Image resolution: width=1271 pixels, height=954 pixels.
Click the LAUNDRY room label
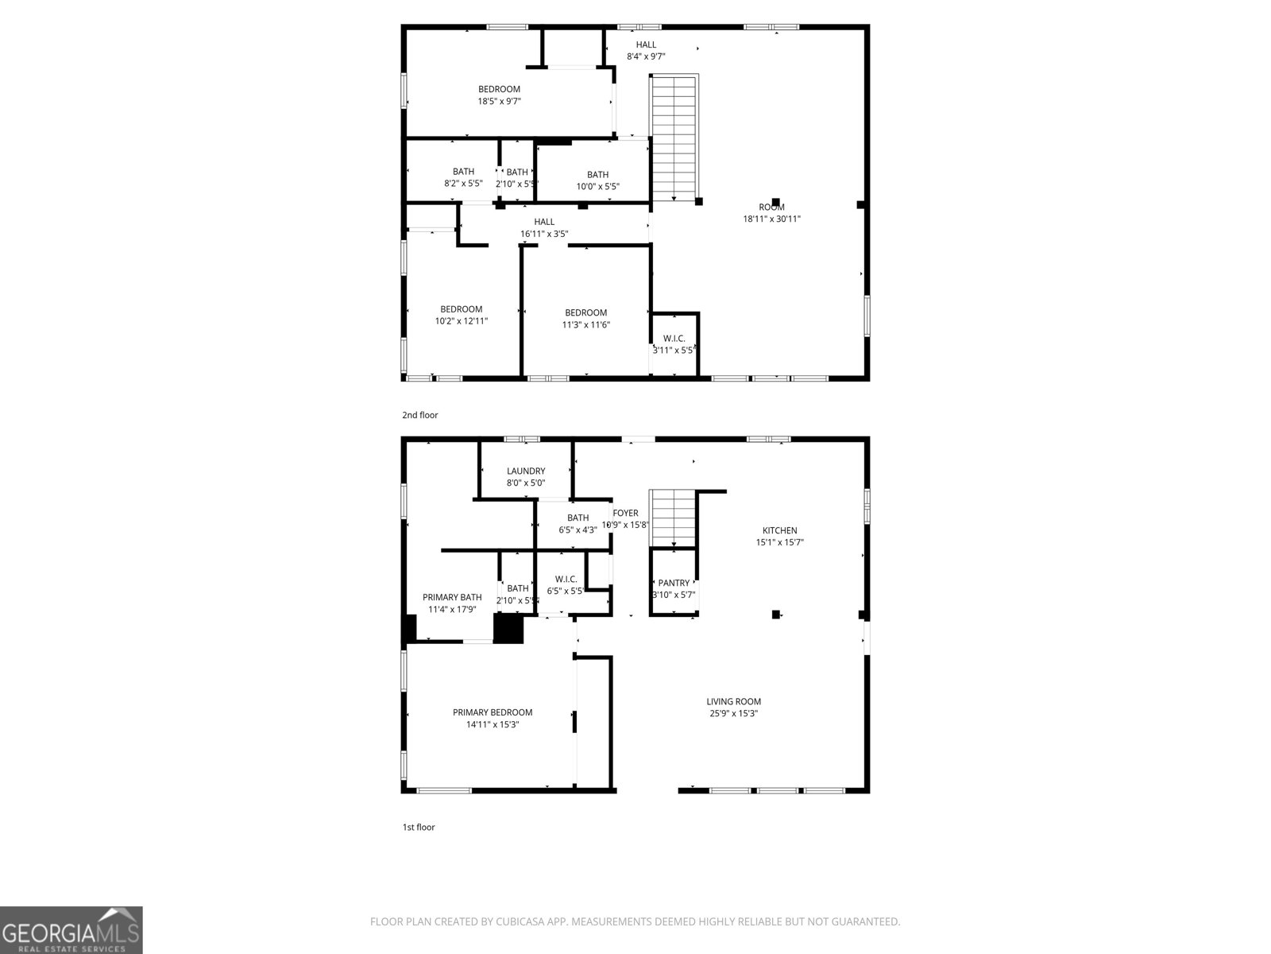526,471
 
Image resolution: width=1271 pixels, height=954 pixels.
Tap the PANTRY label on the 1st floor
674,584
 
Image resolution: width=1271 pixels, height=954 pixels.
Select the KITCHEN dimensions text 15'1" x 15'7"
779,543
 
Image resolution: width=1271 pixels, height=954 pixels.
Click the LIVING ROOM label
734,702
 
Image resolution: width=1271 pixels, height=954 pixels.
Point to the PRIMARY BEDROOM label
493,713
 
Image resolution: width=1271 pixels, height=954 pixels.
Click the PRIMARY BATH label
452,598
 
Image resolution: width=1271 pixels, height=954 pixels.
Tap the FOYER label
626,514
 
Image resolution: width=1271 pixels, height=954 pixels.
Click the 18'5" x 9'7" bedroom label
499,90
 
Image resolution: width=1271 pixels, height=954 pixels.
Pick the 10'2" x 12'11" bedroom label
462,310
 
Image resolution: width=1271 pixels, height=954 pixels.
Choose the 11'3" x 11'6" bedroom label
585,313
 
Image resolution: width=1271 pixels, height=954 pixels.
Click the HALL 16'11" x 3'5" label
544,223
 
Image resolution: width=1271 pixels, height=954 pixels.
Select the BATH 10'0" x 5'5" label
598,176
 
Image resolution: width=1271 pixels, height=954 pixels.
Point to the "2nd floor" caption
420,415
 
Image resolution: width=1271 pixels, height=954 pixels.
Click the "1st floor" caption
419,827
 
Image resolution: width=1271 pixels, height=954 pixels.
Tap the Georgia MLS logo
71,930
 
